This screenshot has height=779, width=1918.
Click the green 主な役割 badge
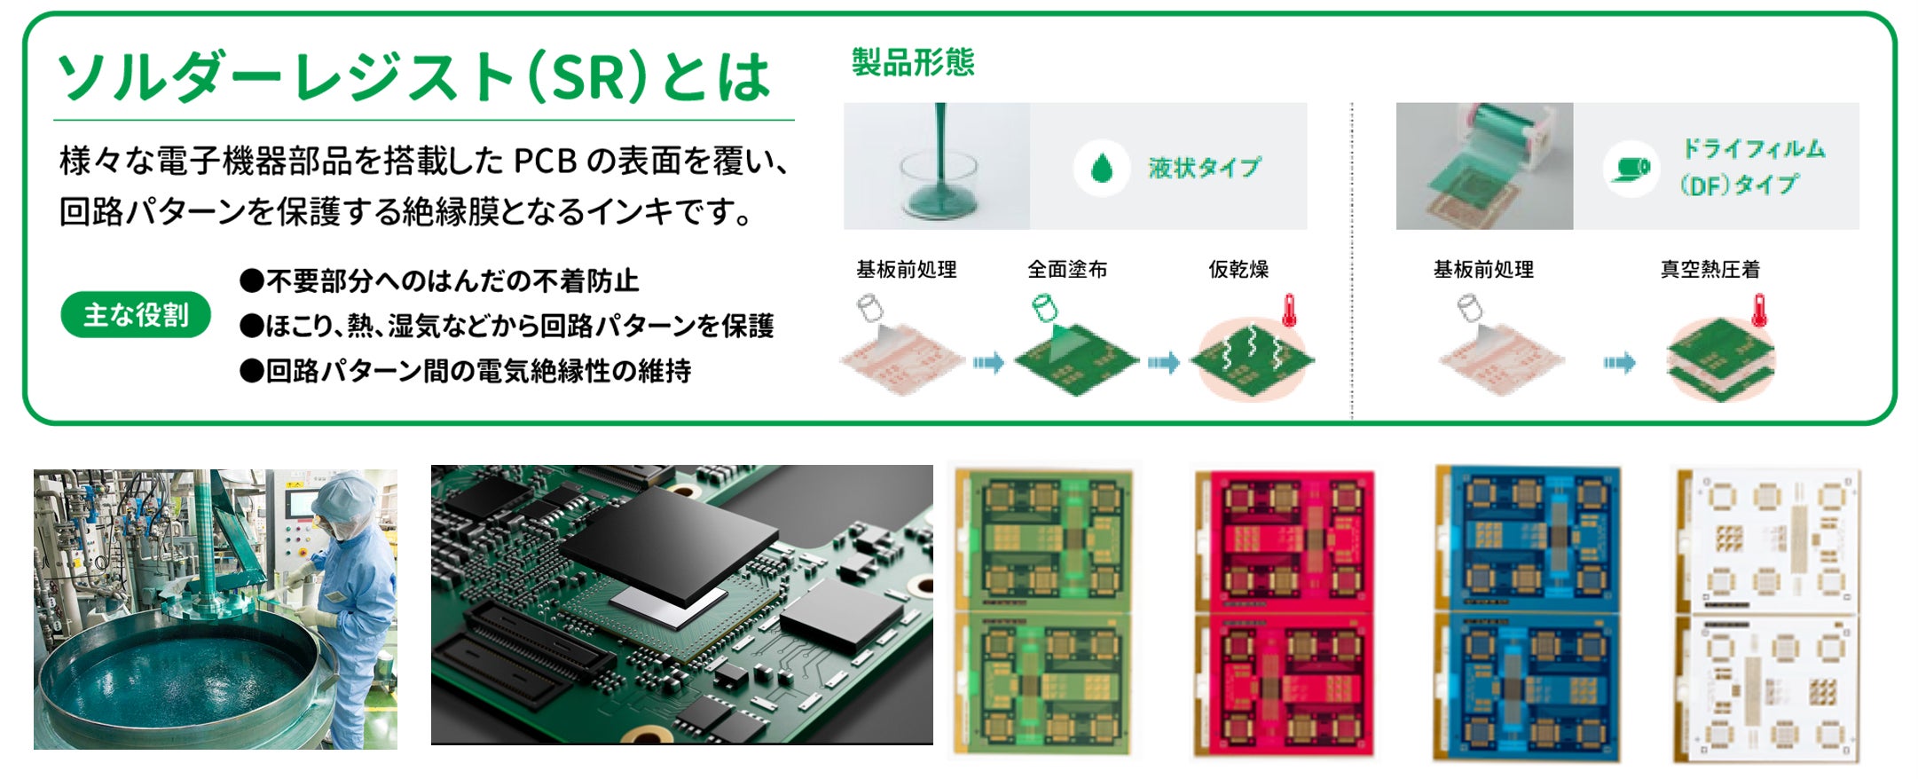(x=136, y=315)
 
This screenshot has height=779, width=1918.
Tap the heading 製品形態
(x=913, y=62)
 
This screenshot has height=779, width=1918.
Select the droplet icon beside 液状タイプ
(x=1101, y=168)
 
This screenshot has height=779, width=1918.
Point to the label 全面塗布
(x=1067, y=269)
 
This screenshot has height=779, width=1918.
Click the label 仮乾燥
(x=1238, y=269)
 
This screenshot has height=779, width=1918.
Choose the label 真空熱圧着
(x=1710, y=269)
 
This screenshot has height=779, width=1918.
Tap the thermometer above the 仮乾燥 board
(x=1289, y=311)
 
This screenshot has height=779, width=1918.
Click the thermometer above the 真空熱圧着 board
(x=1759, y=311)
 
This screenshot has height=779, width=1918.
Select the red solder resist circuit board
(x=1285, y=614)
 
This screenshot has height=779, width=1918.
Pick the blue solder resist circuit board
(x=1527, y=614)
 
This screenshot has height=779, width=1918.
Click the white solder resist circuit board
(x=1765, y=614)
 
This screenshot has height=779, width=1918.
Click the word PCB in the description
(x=546, y=161)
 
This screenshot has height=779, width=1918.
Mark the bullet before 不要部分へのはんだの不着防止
(x=252, y=281)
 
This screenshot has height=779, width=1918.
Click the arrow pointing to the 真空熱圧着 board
(x=1619, y=363)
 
